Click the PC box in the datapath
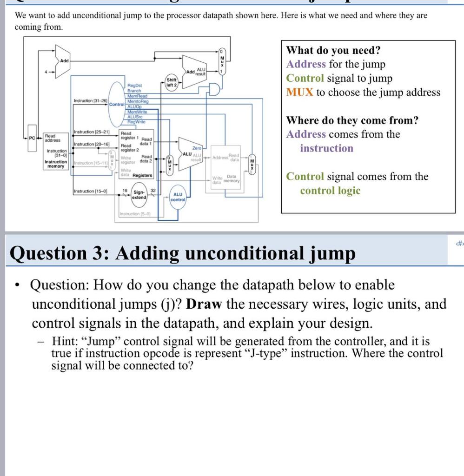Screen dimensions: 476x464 tap(31, 138)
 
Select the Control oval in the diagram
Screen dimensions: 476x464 tap(117, 104)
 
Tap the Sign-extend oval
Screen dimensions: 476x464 tap(139, 194)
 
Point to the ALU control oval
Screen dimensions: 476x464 tap(178, 197)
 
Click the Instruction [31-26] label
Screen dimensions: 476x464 tap(90, 100)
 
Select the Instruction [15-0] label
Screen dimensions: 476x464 tap(90, 192)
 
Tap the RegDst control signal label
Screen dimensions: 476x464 tap(135, 86)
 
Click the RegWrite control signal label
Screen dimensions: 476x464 tap(136, 121)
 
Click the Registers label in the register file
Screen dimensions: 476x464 tap(142, 175)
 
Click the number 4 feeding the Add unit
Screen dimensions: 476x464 tap(46, 72)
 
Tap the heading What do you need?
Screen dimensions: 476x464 tap(333, 50)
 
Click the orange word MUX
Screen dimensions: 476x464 tap(300, 92)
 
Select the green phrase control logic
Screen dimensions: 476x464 tap(330, 191)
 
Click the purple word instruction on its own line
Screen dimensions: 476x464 tap(326, 148)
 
